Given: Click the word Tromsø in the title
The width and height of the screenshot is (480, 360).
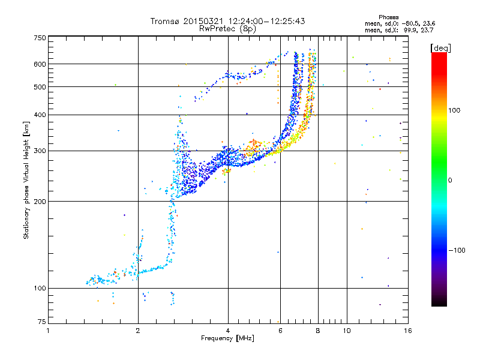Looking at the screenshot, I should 164,21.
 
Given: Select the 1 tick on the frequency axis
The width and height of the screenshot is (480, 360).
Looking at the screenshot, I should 49,331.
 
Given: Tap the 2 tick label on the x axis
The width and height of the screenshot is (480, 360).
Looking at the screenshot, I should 138,331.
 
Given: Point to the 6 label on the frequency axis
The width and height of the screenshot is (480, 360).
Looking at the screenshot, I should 280,331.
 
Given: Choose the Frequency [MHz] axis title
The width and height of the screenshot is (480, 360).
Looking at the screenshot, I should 228,339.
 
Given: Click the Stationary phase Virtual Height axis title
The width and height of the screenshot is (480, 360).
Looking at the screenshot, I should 26,180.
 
